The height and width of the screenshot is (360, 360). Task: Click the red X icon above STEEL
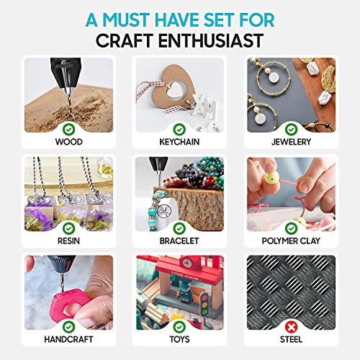pos(291,327)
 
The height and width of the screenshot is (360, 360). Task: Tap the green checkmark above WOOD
pos(68,130)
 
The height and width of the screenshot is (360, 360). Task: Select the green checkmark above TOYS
pos(179,327)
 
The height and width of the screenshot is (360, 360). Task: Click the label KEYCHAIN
pos(179,142)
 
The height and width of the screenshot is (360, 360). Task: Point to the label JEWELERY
pos(291,142)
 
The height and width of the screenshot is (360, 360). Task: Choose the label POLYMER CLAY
pos(291,240)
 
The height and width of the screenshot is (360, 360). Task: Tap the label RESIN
pos(68,240)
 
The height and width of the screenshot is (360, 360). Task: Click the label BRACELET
pos(179,240)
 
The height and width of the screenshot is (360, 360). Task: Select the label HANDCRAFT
pos(68,339)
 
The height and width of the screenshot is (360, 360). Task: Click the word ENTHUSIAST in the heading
pos(211,40)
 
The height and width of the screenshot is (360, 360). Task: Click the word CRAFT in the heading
pos(125,40)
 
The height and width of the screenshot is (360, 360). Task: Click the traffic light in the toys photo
pos(204,305)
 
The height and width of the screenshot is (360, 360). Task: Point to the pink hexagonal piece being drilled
pos(68,303)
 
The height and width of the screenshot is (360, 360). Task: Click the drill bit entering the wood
pos(68,104)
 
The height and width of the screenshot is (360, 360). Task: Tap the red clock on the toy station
pos(187,263)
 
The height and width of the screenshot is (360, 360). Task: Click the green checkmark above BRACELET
pos(179,228)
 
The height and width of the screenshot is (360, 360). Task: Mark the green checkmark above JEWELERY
pos(291,130)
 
